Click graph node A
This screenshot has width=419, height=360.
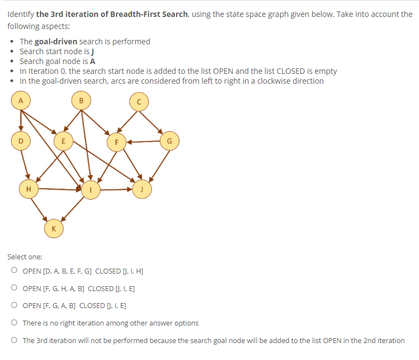(x=21, y=101)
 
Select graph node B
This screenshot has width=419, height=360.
(x=82, y=101)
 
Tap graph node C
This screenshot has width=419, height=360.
(x=139, y=102)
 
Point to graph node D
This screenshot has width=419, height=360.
(x=21, y=141)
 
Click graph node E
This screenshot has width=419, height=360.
(x=63, y=141)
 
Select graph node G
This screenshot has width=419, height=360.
(x=169, y=141)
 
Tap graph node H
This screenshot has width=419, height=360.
(x=28, y=189)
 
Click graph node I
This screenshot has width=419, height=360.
(x=91, y=190)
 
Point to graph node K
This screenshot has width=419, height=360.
(x=53, y=227)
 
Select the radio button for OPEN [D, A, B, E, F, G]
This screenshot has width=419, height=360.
(x=13, y=271)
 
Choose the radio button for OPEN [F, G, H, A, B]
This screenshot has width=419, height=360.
(x=13, y=288)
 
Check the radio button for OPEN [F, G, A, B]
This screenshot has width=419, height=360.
(x=13, y=306)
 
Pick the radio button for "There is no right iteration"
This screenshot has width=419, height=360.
(x=13, y=323)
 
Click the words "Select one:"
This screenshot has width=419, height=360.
(x=25, y=257)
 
